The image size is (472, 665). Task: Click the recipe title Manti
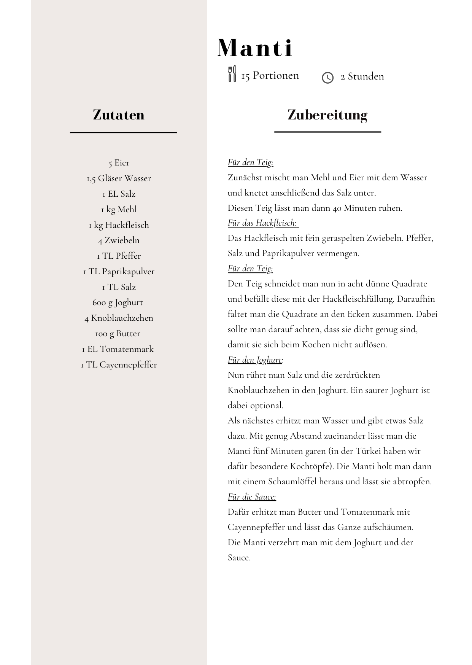pos(255,48)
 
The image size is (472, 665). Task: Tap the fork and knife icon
pos(232,73)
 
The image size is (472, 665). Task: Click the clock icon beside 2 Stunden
pos(327,78)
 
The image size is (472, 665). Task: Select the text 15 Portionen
pos(270,76)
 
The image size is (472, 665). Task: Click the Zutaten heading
pos(119,115)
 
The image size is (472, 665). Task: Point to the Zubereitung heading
pos(327,115)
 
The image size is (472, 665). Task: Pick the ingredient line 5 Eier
pos(119,163)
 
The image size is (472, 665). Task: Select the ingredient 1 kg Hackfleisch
pos(119,225)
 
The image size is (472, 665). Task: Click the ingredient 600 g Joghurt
pos(118,302)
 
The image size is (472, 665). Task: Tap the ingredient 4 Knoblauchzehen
pos(119,318)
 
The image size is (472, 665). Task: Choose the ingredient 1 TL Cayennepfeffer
pos(119,365)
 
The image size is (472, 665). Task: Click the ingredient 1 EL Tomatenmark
pos(118,349)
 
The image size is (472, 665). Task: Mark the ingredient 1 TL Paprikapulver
pos(119,272)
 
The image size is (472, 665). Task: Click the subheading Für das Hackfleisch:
pos(262,223)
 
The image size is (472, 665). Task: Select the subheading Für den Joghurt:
pos(255,360)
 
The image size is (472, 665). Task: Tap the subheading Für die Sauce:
pos(252,497)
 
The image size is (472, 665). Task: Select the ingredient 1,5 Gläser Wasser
pos(119,178)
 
